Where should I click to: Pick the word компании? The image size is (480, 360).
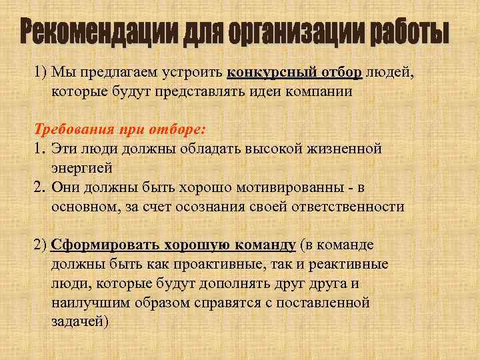point(318,91)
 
